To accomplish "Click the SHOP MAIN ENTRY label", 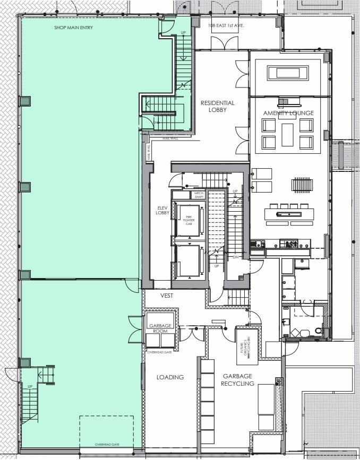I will tap(74, 28).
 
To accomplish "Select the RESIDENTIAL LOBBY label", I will tap(218, 106).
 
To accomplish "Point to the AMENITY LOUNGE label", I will tap(288, 113).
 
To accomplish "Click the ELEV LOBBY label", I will tap(162, 209).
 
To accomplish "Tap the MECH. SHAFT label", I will tap(199, 194).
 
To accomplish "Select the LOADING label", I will tap(170, 377).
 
